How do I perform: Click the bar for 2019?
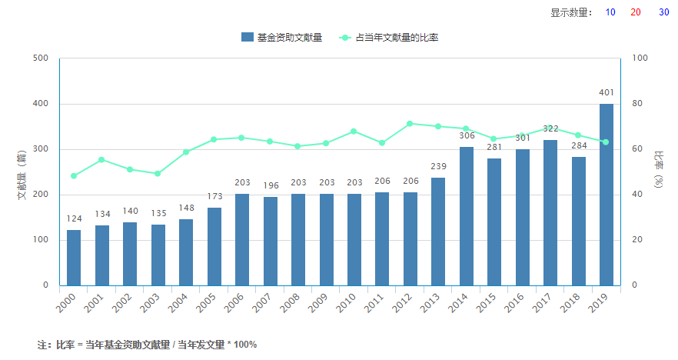(x=606, y=195)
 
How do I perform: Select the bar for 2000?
(x=74, y=258)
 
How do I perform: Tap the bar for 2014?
(x=466, y=216)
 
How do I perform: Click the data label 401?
(x=606, y=93)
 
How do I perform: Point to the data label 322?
(x=550, y=129)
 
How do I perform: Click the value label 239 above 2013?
(x=438, y=167)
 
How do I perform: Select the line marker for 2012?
(x=410, y=123)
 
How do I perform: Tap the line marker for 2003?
(x=158, y=174)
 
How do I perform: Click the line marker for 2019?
(x=606, y=142)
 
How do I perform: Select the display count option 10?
(x=610, y=12)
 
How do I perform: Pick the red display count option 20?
(x=636, y=12)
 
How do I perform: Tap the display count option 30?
(x=663, y=12)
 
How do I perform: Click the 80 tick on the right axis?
(x=637, y=104)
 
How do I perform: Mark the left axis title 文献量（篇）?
(x=22, y=173)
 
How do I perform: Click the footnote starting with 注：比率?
(x=147, y=345)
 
